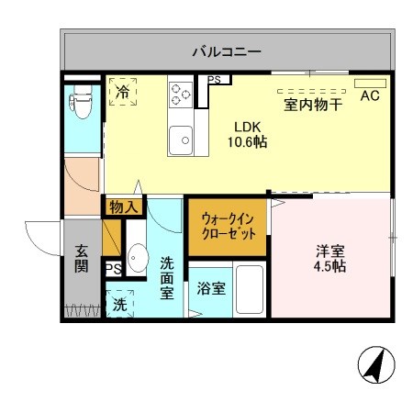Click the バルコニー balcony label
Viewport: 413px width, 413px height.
coord(227,52)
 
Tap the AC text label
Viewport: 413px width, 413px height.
coord(370,95)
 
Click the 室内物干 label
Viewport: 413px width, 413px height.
coord(313,105)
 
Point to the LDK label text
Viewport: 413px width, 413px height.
coord(247,127)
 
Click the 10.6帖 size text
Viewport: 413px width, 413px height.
coord(247,142)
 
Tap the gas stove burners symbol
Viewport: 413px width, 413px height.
coord(180,94)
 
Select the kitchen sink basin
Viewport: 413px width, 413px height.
coord(184,139)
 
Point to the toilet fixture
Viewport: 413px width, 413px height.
coord(80,105)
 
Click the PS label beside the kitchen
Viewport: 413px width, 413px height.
coord(214,80)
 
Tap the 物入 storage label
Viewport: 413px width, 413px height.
coord(123,207)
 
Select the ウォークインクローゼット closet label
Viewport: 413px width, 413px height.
coord(229,227)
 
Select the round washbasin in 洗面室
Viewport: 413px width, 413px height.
coord(138,258)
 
